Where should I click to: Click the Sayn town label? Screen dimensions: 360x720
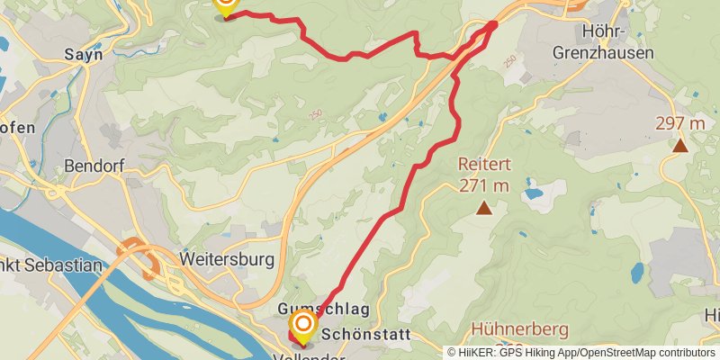83,55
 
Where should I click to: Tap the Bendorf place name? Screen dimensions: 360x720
93,166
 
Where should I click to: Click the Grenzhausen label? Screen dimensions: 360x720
603,54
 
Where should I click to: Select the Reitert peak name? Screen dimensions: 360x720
483,166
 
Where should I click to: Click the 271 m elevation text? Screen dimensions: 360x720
483,186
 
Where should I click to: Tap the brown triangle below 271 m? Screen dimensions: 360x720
484,210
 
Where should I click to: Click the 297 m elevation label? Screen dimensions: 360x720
679,123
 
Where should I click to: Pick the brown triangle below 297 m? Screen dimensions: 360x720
680,145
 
